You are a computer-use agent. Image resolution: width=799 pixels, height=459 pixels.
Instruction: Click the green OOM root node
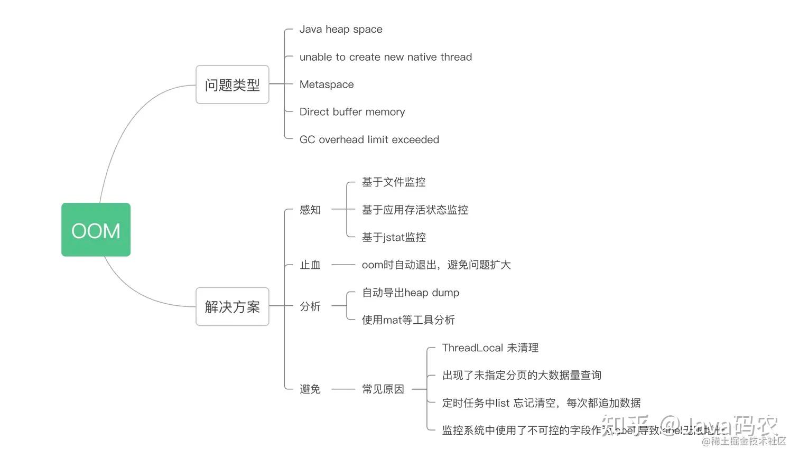[x=96, y=230]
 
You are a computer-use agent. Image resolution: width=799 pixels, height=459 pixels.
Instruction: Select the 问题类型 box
[x=232, y=85]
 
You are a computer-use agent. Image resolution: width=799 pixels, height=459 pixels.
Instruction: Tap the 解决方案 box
[x=232, y=306]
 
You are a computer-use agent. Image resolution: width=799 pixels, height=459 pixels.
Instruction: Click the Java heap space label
[x=340, y=30]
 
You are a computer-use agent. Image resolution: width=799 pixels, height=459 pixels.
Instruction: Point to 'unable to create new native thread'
[x=385, y=57]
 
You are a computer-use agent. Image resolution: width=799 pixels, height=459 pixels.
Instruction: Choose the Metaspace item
[x=326, y=85]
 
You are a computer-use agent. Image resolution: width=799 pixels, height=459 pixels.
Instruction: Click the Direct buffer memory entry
[x=352, y=112]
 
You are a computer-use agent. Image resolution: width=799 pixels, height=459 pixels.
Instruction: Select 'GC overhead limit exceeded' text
[x=369, y=139]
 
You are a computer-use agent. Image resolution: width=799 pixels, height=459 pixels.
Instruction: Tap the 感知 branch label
[x=310, y=210]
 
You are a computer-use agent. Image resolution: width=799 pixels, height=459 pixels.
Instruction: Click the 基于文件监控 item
[x=393, y=182]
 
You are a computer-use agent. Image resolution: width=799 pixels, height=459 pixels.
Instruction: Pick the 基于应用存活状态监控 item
[x=414, y=210]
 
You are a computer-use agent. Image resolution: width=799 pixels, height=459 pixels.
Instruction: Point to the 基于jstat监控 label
[x=393, y=238]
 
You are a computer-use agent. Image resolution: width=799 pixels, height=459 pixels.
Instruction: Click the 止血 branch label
[x=310, y=265]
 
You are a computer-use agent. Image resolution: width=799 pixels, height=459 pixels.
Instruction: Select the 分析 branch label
[x=310, y=306]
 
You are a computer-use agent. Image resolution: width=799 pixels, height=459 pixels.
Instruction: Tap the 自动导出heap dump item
[x=410, y=293]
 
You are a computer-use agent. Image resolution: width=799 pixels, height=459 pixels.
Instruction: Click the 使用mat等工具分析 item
[x=407, y=320]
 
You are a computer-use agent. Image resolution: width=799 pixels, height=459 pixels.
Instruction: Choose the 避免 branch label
[x=310, y=389]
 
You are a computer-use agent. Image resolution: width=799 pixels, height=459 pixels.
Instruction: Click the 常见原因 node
[x=383, y=389]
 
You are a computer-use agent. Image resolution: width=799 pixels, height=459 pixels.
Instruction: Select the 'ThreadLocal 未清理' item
[x=490, y=348]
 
